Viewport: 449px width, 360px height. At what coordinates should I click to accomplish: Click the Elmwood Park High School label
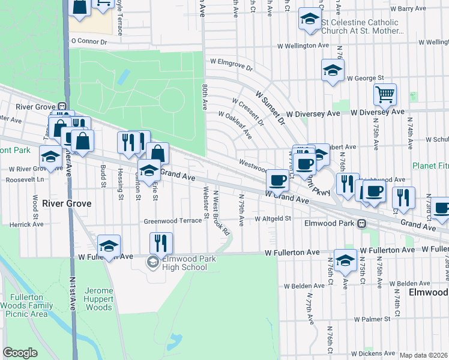(x=188, y=263)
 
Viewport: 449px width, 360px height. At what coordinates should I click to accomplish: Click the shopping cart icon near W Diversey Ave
(x=385, y=94)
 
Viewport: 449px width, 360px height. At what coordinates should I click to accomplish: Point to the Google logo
(x=20, y=353)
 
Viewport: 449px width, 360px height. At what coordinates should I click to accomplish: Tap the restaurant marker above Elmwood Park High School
(x=161, y=244)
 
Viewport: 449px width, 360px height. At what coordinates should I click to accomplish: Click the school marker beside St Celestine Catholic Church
(x=310, y=20)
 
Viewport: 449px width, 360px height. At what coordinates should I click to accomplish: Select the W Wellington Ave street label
(x=304, y=46)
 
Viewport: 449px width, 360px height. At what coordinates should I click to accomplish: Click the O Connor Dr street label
(x=88, y=42)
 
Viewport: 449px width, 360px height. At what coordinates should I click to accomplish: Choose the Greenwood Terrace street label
(x=173, y=221)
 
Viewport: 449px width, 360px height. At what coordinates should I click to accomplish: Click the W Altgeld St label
(x=273, y=219)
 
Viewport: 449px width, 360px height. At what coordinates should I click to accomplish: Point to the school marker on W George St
(x=333, y=71)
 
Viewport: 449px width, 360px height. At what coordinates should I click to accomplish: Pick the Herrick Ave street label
(x=26, y=224)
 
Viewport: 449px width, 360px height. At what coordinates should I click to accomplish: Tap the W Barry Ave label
(x=408, y=9)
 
